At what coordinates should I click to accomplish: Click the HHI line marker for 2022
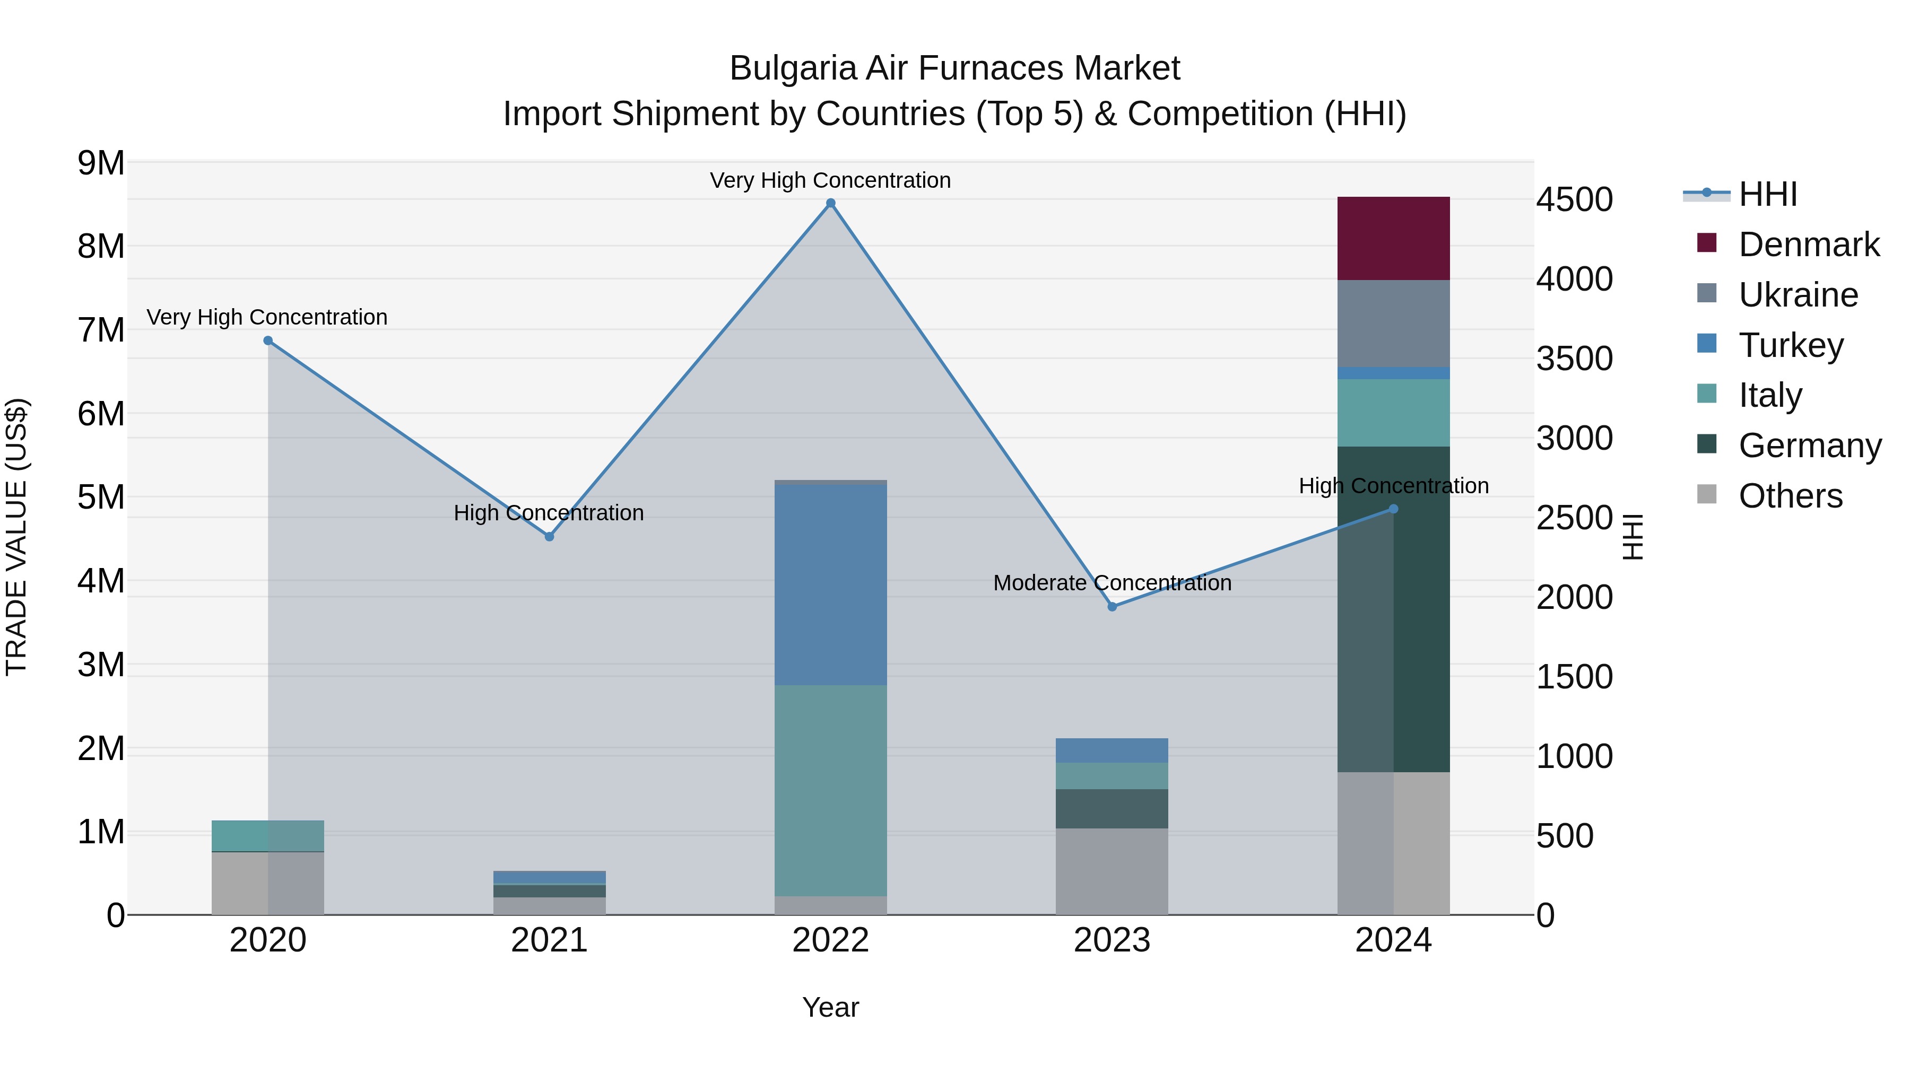pos(830,203)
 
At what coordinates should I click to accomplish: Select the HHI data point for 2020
pos(268,341)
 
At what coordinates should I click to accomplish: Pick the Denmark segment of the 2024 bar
pos(1393,238)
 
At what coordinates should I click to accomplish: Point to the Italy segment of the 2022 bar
pos(830,790)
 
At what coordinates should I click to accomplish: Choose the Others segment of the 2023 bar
pos(1112,871)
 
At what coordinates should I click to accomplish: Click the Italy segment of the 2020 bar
pos(268,835)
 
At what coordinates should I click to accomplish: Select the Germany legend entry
pos(1809,446)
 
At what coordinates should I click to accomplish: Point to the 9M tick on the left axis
pos(101,163)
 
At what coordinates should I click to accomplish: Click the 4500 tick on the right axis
pos(1574,199)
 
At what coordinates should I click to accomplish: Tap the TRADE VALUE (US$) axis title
pos(16,537)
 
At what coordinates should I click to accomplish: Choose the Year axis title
pos(830,1007)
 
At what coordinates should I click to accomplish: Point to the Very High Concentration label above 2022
pos(830,180)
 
